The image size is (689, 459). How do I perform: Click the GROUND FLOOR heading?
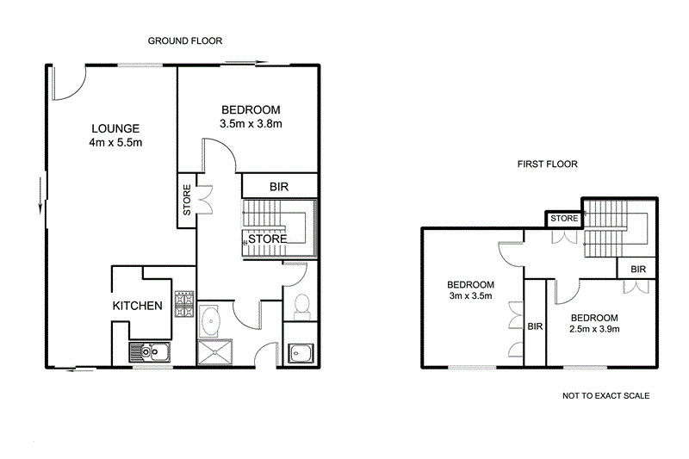click(185, 40)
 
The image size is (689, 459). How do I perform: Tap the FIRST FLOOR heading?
click(547, 164)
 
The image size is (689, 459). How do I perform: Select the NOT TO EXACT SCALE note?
click(605, 396)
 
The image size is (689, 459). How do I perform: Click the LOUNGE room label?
click(113, 128)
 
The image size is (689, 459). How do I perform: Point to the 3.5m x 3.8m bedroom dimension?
click(252, 124)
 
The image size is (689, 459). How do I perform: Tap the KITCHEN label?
click(138, 306)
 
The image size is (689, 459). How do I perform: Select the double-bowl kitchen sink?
click(150, 351)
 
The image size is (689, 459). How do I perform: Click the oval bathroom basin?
click(212, 320)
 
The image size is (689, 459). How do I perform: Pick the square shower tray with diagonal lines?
click(212, 353)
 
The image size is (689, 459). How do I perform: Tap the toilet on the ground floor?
click(302, 306)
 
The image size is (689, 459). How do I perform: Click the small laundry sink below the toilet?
click(301, 352)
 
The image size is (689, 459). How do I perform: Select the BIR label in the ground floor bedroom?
click(279, 186)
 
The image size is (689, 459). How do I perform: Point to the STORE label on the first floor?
click(564, 219)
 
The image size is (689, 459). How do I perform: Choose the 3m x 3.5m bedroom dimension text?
click(470, 290)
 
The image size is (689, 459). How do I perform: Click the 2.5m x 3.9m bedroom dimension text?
click(595, 322)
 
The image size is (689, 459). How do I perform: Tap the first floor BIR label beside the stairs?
click(637, 270)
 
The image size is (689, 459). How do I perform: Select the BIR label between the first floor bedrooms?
click(535, 326)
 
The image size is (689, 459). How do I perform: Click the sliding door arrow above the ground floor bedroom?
click(247, 62)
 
